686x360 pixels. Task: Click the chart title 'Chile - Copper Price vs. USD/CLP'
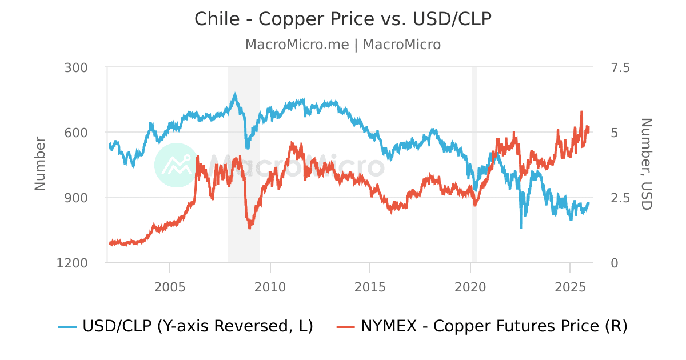point(343,19)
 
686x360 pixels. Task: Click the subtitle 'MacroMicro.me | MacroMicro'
point(343,45)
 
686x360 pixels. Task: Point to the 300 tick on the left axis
point(76,67)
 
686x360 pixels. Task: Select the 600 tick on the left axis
point(76,133)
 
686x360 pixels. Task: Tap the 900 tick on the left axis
point(76,198)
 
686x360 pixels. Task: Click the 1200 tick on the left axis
point(73,263)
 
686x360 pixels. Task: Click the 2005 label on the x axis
point(170,286)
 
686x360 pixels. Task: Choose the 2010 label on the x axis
point(270,286)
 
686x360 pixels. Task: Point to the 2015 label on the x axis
point(370,286)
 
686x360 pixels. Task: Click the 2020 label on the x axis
point(470,286)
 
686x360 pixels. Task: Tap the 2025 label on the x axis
point(570,286)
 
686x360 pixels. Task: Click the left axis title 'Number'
point(39,164)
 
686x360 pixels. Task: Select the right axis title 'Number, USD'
point(645,164)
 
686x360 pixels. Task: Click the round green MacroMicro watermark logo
point(177,165)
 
